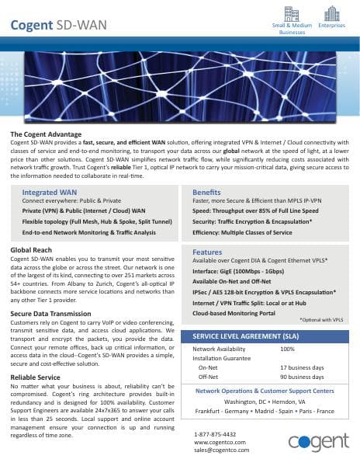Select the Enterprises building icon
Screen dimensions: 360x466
pyautogui.click(x=331, y=13)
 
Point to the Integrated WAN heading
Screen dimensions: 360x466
pyautogui.click(x=49, y=191)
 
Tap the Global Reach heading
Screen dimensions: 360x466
pyautogui.click(x=31, y=249)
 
